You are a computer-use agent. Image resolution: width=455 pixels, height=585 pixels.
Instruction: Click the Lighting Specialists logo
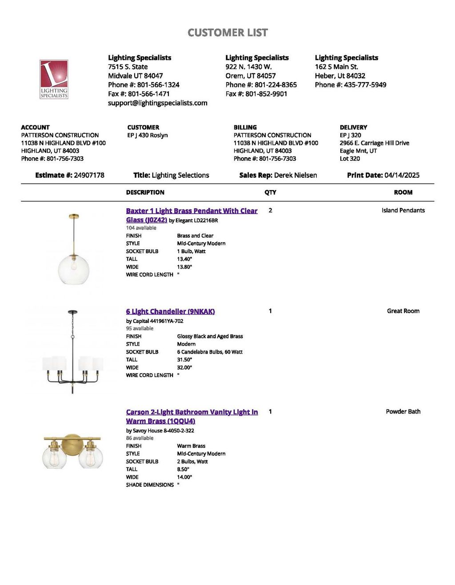tap(54, 79)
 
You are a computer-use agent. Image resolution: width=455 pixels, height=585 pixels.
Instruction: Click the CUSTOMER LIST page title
tap(227, 32)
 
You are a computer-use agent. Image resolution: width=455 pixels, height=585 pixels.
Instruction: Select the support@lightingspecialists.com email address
tap(157, 103)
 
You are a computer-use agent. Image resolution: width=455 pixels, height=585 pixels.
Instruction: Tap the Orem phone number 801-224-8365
tap(275, 85)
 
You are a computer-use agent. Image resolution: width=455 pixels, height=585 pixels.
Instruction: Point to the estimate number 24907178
tap(89, 175)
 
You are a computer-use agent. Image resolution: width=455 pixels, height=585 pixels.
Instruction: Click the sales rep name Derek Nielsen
tap(295, 175)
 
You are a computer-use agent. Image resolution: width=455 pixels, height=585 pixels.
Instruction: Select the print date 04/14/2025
tap(402, 175)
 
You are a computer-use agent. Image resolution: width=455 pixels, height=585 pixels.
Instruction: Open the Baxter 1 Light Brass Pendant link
tap(192, 211)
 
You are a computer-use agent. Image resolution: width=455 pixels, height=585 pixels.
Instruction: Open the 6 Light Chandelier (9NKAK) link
tap(170, 311)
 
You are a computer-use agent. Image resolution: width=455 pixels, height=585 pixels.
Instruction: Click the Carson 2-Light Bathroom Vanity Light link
tap(192, 412)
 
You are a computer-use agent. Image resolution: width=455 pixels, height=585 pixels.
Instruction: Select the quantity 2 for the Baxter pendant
tap(270, 210)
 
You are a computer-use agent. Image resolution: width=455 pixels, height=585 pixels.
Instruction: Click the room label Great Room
tap(403, 311)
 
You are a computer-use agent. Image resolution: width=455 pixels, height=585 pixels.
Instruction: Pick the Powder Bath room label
tap(403, 412)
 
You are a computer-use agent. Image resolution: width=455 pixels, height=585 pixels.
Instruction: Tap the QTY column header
tap(270, 192)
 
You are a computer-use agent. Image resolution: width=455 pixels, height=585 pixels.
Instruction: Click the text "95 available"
tap(140, 329)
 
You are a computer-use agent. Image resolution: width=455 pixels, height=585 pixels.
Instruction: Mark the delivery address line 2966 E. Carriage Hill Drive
tap(374, 143)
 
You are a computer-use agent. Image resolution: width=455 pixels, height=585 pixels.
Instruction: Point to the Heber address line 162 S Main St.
tap(336, 67)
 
